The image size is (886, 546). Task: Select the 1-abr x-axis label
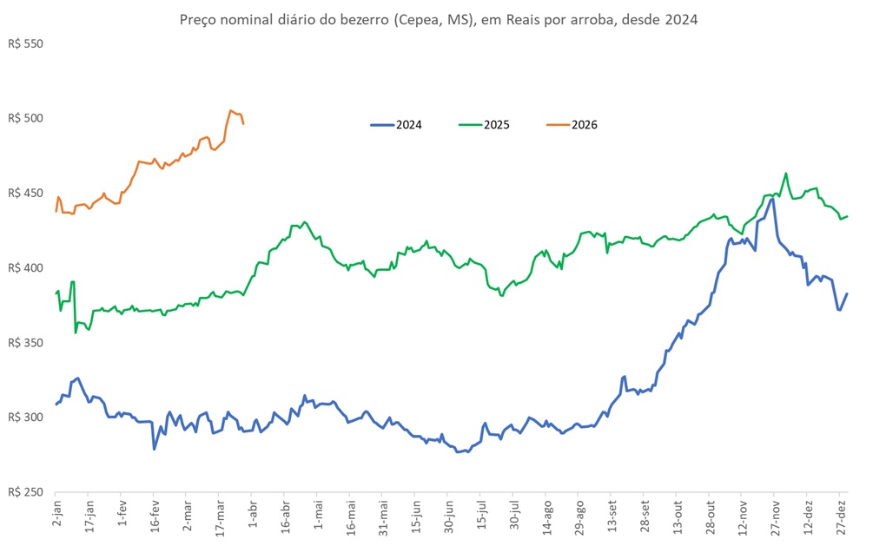point(253,516)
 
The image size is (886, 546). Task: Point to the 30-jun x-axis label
point(447,518)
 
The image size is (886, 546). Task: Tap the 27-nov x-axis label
point(774,518)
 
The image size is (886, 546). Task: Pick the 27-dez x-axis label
point(840,518)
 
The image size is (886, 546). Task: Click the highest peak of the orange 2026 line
point(230,110)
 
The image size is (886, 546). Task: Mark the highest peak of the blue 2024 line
point(771,199)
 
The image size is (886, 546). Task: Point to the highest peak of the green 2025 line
point(785,173)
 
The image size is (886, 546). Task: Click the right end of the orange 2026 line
point(243,124)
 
